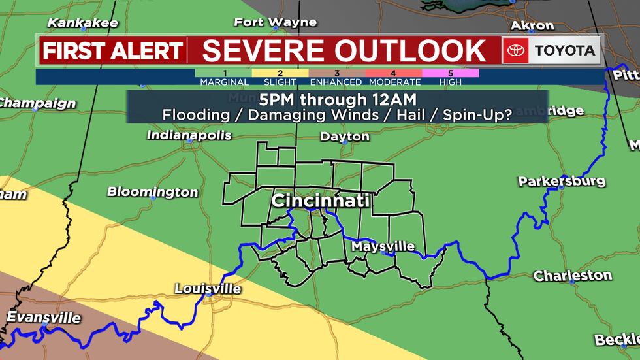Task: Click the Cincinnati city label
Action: [x=320, y=200]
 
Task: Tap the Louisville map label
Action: [x=208, y=289]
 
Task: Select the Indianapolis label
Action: [x=189, y=136]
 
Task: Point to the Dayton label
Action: [x=345, y=137]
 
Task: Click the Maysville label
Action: [x=383, y=246]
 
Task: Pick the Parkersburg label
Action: [x=562, y=181]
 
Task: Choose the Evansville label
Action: [x=44, y=318]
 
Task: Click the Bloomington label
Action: [x=152, y=192]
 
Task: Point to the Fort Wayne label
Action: [x=275, y=22]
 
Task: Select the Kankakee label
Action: [x=83, y=23]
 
